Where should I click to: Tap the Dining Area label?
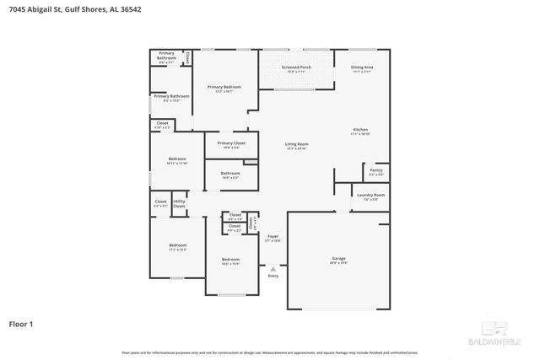[x=363, y=69]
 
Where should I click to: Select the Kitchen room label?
[x=360, y=132]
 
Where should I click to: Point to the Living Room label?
[x=296, y=146]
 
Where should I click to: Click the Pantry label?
[x=375, y=172]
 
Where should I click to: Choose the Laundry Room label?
[x=370, y=197]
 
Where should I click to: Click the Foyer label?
[x=273, y=238]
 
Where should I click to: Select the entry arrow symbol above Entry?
[x=273, y=269]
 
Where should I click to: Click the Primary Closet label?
[x=230, y=144]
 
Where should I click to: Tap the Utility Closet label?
[x=179, y=203]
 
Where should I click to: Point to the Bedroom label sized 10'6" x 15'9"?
[x=230, y=261]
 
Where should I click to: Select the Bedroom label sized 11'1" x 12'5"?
[x=177, y=247]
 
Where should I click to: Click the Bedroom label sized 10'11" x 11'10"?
[x=177, y=161]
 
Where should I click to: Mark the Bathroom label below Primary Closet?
[x=230, y=175]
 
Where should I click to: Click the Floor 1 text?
[x=22, y=324]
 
